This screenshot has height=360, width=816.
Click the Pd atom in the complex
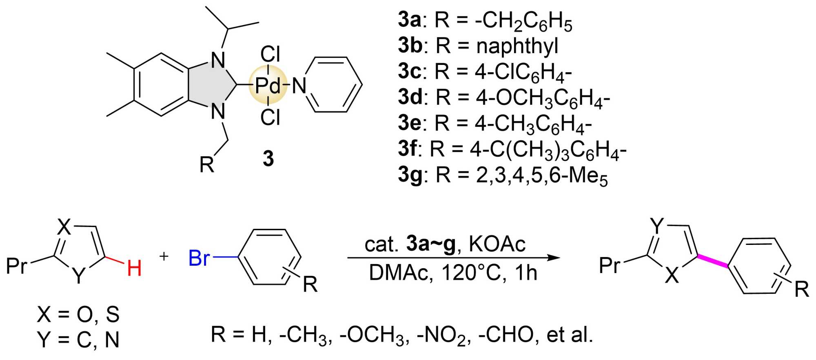coord(268,86)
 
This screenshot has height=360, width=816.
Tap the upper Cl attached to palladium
coord(270,54)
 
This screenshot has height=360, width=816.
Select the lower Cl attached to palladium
coord(270,118)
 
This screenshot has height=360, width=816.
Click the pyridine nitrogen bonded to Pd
coord(299,86)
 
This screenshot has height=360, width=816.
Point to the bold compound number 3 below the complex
coord(268,158)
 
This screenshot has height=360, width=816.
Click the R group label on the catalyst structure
coord(206,164)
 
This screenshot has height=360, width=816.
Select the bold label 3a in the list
coord(409,19)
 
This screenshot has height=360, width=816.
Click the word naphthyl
coord(517,45)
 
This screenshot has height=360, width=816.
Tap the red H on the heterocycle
coord(134,269)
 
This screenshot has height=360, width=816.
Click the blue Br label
coord(199,258)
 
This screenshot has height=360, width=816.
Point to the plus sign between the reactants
coord(164,256)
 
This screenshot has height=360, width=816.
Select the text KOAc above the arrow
coord(497,244)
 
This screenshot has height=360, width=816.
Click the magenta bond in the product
coord(713,262)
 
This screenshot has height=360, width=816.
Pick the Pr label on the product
coord(610,265)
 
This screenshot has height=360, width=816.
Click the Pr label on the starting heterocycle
coord(17,266)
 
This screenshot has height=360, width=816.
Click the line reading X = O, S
coord(78,314)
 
